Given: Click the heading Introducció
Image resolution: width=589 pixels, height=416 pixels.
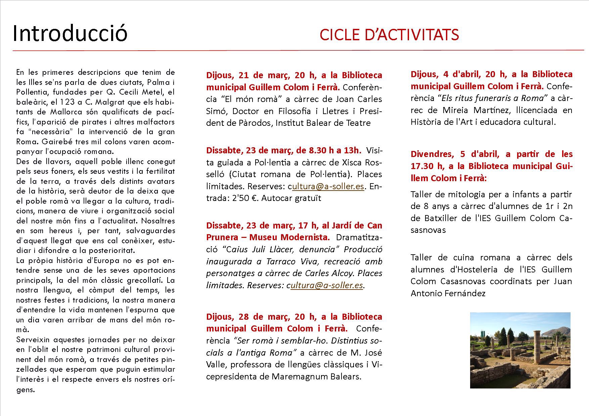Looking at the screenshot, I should (x=70, y=34).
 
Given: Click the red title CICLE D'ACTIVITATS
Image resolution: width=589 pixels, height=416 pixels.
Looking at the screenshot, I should (x=389, y=35).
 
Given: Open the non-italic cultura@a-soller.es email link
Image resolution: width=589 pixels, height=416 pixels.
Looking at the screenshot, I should (x=328, y=186).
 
